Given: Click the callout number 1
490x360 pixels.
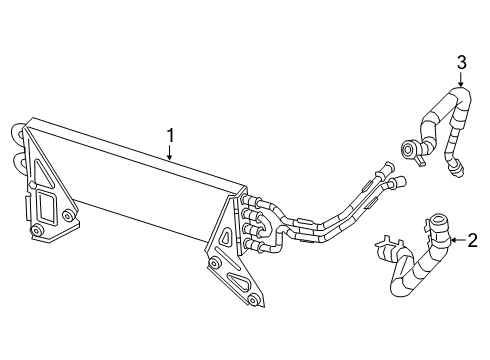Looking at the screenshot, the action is point(171,135).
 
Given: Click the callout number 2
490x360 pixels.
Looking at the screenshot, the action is point(473,240).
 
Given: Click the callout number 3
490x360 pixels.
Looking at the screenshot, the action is point(462,63).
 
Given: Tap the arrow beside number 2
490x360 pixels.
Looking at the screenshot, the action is point(455,240).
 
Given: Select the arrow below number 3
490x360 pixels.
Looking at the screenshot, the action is point(462,80).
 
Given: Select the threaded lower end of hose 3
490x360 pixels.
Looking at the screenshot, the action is point(457,167).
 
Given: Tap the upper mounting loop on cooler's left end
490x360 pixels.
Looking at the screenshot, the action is point(16,132).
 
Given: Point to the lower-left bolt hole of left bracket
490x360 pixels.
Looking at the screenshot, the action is point(36,232).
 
